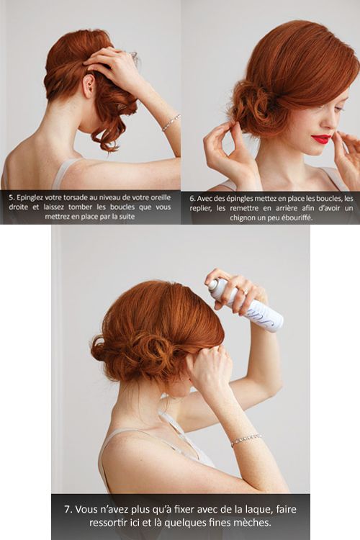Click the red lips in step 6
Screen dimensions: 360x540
321,139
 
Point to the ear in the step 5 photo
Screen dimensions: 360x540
89,86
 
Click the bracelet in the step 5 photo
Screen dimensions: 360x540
171,122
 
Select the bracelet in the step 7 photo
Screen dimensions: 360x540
246,439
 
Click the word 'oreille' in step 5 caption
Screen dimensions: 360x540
161,197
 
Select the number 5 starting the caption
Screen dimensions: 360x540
12,197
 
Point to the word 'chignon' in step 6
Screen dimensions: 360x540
243,217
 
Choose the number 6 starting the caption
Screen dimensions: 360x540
192,199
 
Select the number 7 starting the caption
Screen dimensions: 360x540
68,509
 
